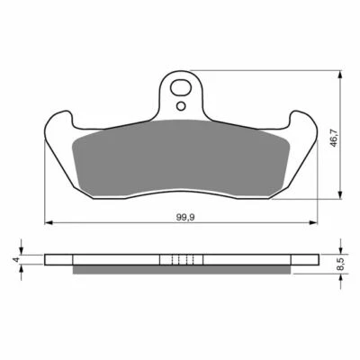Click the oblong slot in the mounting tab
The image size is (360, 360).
coord(183,90)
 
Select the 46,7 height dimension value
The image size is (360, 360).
coord(332,141)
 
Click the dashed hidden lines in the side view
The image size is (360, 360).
coord(182,260)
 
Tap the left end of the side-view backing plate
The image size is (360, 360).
coord(47,260)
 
